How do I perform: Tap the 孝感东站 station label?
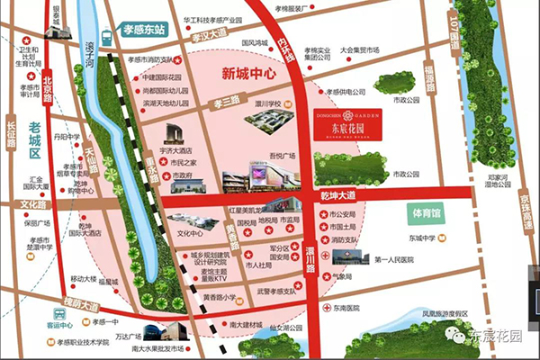pos(140,30)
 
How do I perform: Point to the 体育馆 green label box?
pos(425,214)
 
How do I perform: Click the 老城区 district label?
pos(34,149)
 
